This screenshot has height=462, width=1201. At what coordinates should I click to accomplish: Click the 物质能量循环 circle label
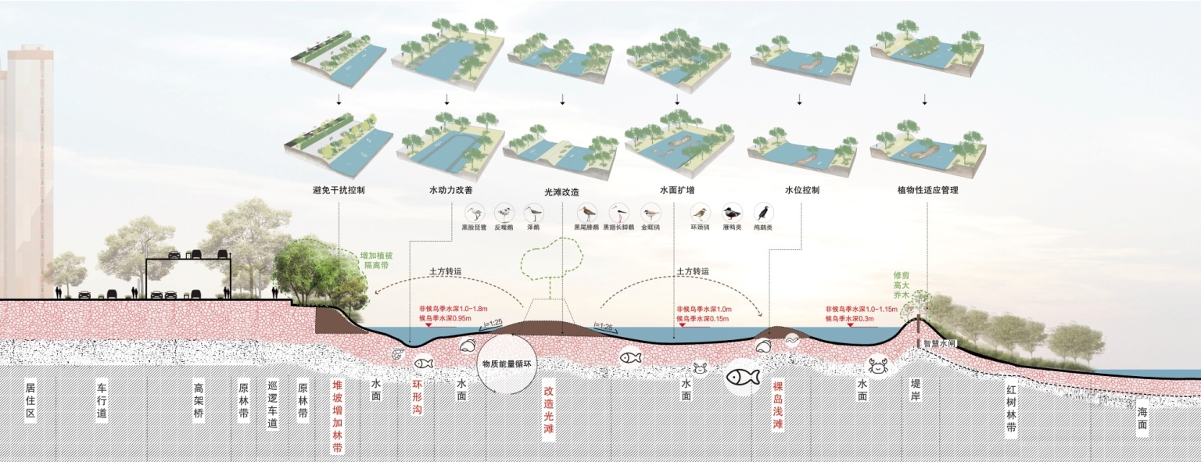coord(506,364)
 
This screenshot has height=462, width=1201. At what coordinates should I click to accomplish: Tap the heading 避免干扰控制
coord(338,190)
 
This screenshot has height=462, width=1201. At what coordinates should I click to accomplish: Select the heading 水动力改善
coord(450,190)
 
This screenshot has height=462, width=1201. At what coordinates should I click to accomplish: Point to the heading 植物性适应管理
coord(928,190)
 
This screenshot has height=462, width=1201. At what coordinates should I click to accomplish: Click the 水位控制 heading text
coord(801,190)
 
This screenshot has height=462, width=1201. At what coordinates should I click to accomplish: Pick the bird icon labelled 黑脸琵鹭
coord(475,213)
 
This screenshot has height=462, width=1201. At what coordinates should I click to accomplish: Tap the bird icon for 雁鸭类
coord(731,213)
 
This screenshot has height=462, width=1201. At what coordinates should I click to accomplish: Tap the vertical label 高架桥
coord(199,400)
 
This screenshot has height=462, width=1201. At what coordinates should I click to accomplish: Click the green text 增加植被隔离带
coord(376,260)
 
